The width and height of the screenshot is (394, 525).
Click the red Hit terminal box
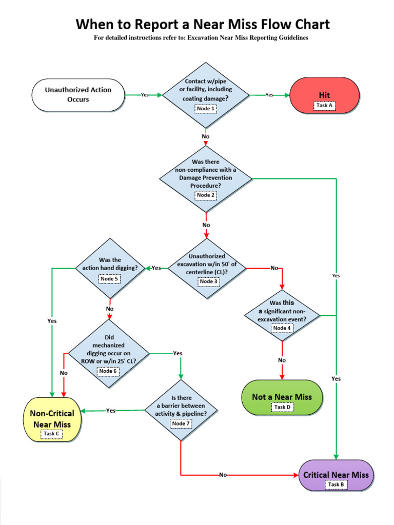tap(324, 95)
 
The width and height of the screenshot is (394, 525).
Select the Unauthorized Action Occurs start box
tap(78, 95)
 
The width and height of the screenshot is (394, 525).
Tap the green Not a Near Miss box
tap(282, 397)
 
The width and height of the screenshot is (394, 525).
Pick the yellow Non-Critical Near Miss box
tap(52, 418)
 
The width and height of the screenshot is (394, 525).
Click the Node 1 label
tap(206, 109)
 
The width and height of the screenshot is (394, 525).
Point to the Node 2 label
tap(206, 195)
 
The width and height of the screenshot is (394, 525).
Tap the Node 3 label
tap(208, 281)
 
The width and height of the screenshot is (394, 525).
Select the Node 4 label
tap(282, 328)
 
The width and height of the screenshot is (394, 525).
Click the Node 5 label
tap(109, 279)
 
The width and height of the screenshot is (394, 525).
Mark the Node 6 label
tap(108, 371)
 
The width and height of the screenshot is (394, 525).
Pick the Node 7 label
tap(181, 423)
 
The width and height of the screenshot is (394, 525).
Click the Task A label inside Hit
tap(324, 105)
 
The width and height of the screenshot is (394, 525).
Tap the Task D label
tap(282, 407)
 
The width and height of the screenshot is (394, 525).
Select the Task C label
tap(51, 434)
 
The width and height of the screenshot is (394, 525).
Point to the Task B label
tap(336, 484)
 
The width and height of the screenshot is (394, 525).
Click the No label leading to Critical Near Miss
tap(223, 475)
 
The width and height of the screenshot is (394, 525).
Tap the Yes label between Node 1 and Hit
tap(269, 95)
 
